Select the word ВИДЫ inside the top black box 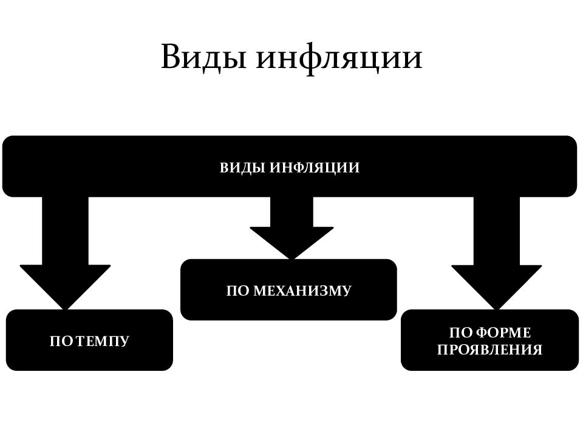pos(242,168)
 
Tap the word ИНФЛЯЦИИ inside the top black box pos(315,168)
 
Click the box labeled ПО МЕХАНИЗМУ pos(288,290)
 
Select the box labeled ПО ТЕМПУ pos(89,340)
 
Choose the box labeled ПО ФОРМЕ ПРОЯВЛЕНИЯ pos(489,340)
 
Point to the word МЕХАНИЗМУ pos(302,291)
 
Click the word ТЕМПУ pos(103,340)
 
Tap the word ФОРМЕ pos(503,333)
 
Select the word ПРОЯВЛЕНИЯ pos(489,350)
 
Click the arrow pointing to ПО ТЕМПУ pos(65,252)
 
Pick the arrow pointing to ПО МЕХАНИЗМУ pos(291,228)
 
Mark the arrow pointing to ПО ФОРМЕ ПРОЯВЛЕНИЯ pos(496,252)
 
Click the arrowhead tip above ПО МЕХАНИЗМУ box pos(291,259)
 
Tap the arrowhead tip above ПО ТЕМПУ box pos(65,309)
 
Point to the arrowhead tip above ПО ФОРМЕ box pos(496,309)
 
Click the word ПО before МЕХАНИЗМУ pos(237,291)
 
